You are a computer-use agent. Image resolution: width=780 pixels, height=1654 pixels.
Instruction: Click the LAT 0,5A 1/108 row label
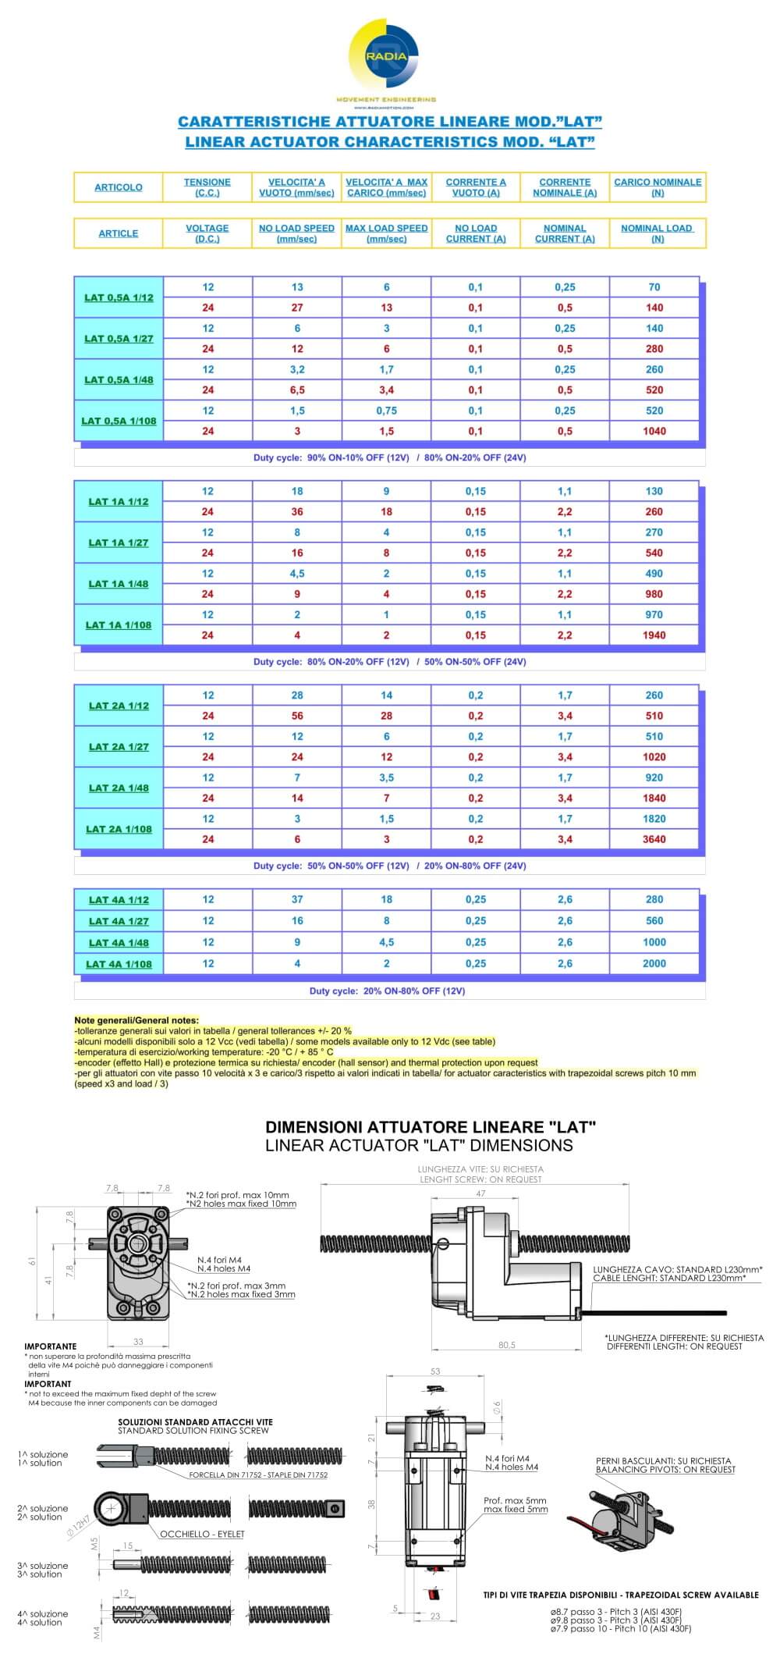tap(119, 421)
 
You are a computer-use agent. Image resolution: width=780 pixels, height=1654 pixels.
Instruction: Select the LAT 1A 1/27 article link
tap(119, 542)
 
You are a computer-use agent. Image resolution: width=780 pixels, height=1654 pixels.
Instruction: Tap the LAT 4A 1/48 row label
tap(119, 942)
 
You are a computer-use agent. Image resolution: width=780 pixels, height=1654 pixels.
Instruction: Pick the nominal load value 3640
tap(654, 839)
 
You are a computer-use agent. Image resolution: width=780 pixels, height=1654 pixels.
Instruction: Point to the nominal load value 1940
tap(654, 635)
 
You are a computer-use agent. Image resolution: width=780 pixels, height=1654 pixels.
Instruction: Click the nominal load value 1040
tap(654, 431)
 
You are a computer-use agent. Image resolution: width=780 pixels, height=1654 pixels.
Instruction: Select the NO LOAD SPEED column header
tap(296, 233)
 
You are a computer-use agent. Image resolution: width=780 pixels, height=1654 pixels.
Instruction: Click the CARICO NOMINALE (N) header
tap(658, 187)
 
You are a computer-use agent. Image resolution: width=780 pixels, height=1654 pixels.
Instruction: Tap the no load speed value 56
tap(297, 716)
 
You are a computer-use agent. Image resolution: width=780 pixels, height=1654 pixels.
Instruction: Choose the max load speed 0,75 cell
tap(386, 411)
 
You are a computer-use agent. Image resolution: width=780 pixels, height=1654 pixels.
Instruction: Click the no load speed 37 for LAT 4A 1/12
tap(297, 899)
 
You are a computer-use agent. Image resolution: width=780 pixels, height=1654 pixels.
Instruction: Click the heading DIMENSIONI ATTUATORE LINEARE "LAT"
tap(431, 1127)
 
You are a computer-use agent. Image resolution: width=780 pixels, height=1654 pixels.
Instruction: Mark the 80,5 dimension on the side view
tap(507, 1345)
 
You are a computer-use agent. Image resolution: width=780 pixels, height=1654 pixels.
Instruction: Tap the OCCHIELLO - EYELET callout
tap(202, 1534)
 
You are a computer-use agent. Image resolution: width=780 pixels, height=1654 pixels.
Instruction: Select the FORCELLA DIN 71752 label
tap(258, 1475)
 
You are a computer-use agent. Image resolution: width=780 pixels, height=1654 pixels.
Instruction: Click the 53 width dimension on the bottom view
tap(435, 1371)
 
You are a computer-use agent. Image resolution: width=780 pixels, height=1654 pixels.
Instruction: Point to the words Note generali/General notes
tap(136, 1020)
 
